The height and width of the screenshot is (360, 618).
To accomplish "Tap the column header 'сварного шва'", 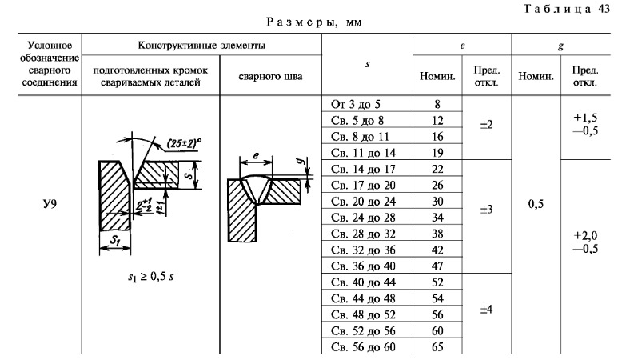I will point(269,77).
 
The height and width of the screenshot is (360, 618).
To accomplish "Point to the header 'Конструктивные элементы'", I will point(201,46).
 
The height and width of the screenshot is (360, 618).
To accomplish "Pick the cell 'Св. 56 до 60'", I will point(362,347).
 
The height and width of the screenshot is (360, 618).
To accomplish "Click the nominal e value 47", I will point(437,266).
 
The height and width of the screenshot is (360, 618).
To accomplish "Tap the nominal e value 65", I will point(437,347).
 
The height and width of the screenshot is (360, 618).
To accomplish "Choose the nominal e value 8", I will point(437,105).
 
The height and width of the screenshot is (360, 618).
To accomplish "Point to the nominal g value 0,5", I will point(536,205).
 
